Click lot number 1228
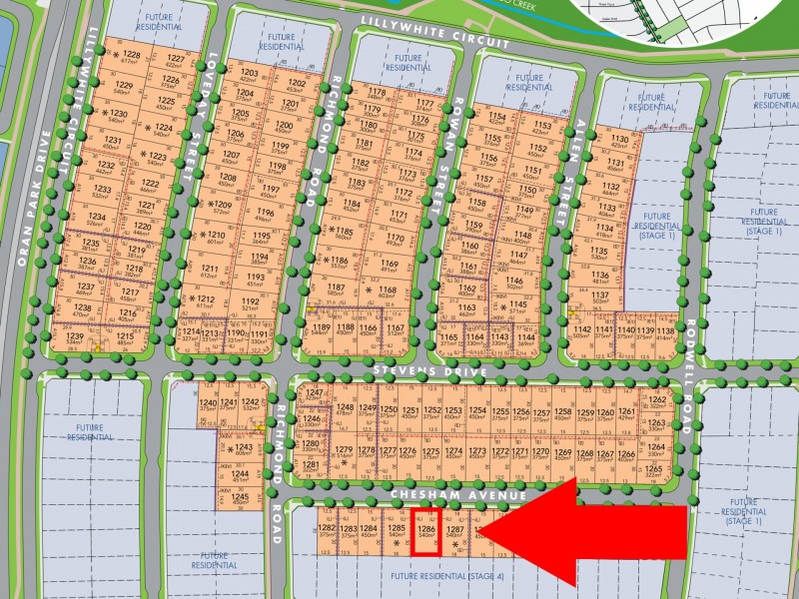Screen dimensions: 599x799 pos(131,55)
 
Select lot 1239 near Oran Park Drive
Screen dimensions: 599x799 pos(75,337)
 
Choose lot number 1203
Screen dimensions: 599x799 pos(250,74)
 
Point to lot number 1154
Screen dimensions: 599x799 pos(496,116)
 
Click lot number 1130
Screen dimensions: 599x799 pos(619,140)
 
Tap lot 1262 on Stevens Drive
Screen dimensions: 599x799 pos(656,399)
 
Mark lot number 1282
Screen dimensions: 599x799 pos(327,528)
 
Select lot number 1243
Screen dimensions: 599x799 pos(243,448)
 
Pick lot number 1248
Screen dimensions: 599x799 pos(345,408)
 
